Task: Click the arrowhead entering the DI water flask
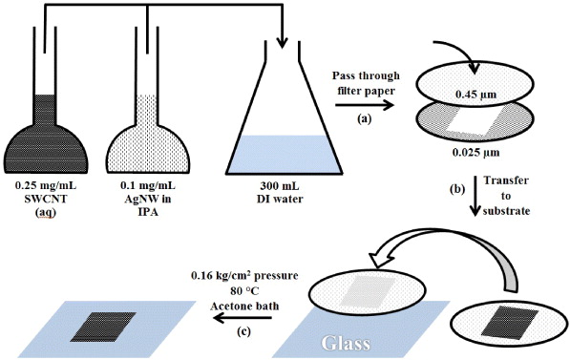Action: click(282, 41)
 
